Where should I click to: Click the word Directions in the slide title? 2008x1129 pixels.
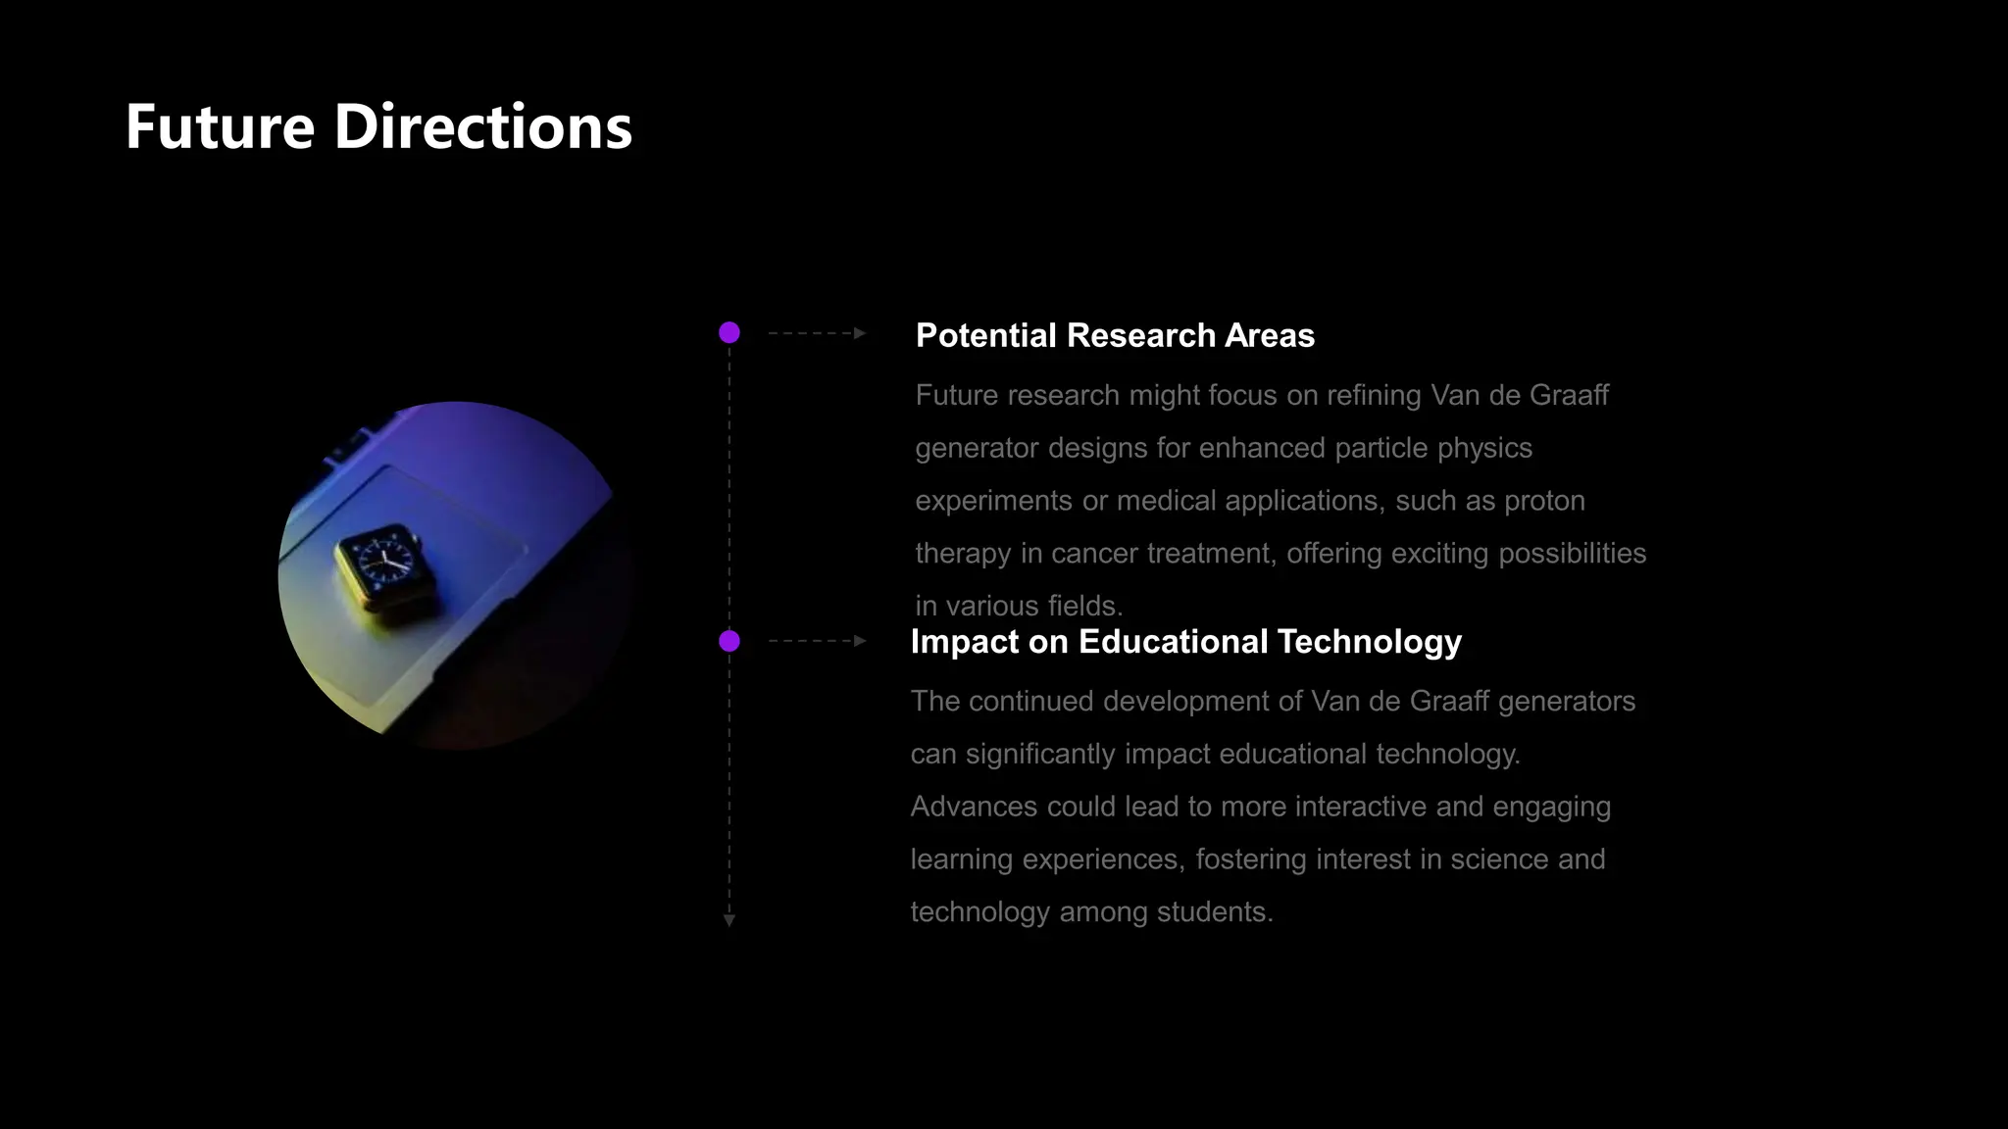coord(482,128)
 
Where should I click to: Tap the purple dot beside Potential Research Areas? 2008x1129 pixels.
coord(729,333)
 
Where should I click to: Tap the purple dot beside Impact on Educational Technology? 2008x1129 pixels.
coord(729,641)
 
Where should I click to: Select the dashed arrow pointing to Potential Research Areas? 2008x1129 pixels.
coord(817,333)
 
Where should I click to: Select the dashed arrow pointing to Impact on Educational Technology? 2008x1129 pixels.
coord(817,641)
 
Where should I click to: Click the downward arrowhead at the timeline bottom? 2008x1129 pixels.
coord(729,919)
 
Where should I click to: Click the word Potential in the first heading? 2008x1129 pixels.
coord(985,336)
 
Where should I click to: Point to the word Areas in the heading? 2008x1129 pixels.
coord(1269,336)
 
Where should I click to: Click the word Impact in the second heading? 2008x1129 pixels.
coord(964,642)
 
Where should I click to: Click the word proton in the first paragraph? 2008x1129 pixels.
coord(1544,501)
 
